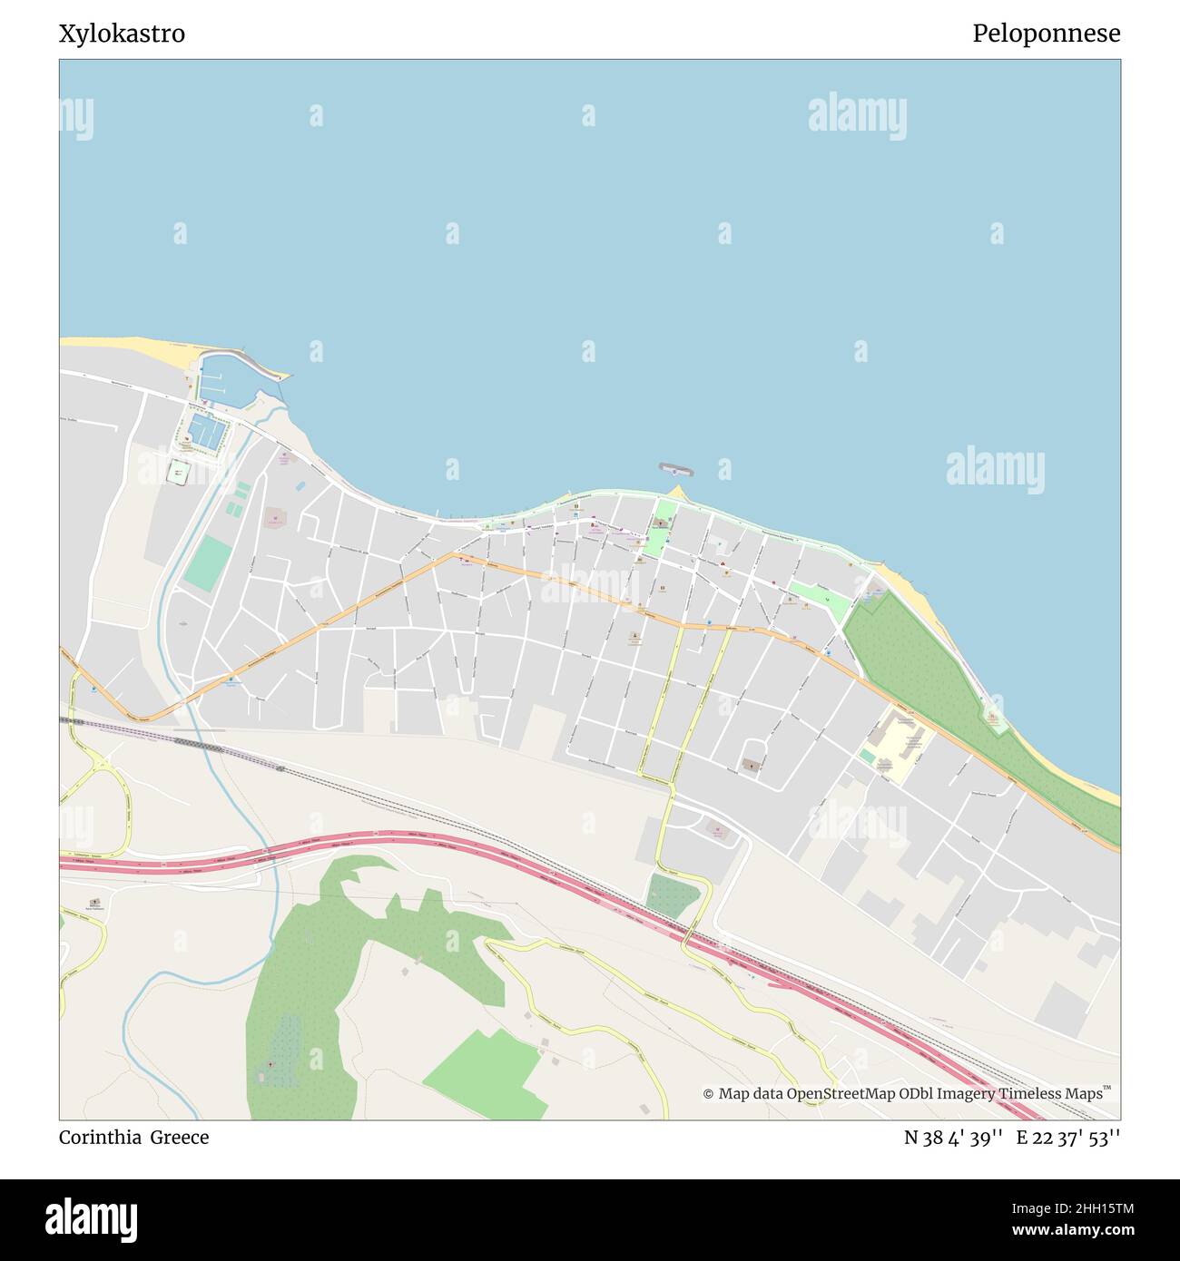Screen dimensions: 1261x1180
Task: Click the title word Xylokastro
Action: pyautogui.click(x=122, y=34)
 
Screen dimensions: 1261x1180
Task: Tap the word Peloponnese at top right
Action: pyautogui.click(x=1046, y=34)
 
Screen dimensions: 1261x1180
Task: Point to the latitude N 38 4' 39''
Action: pyautogui.click(x=953, y=1138)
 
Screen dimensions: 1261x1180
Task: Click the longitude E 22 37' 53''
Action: pyautogui.click(x=1068, y=1138)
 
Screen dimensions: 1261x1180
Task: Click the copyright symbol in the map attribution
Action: pyautogui.click(x=708, y=1093)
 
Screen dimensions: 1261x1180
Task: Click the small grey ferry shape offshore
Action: pyautogui.click(x=675, y=469)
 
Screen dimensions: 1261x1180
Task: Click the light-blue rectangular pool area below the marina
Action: pyautogui.click(x=207, y=433)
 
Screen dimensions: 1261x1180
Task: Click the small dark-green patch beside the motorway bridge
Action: pyautogui.click(x=673, y=896)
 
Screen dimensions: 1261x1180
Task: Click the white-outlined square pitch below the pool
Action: pyautogui.click(x=179, y=472)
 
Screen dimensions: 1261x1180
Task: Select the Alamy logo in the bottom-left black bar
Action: pyautogui.click(x=92, y=1219)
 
